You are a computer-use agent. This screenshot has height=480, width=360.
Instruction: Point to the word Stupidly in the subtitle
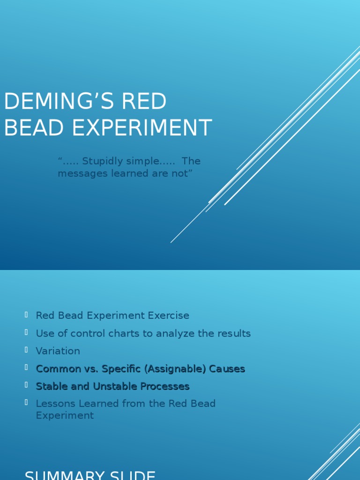pos(102,161)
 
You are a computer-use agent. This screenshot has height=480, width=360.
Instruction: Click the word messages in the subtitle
pos(80,173)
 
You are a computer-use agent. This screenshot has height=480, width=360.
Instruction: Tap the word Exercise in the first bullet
pos(168,315)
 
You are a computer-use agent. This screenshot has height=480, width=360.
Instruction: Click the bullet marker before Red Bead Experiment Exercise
pos(27,315)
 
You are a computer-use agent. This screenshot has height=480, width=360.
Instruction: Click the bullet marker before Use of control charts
pos(27,332)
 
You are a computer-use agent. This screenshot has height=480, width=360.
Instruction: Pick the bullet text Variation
pos(58,351)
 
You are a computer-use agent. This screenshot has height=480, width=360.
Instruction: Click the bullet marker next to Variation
pos(27,350)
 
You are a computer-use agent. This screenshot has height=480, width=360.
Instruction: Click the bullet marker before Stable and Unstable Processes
pos(27,385)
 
